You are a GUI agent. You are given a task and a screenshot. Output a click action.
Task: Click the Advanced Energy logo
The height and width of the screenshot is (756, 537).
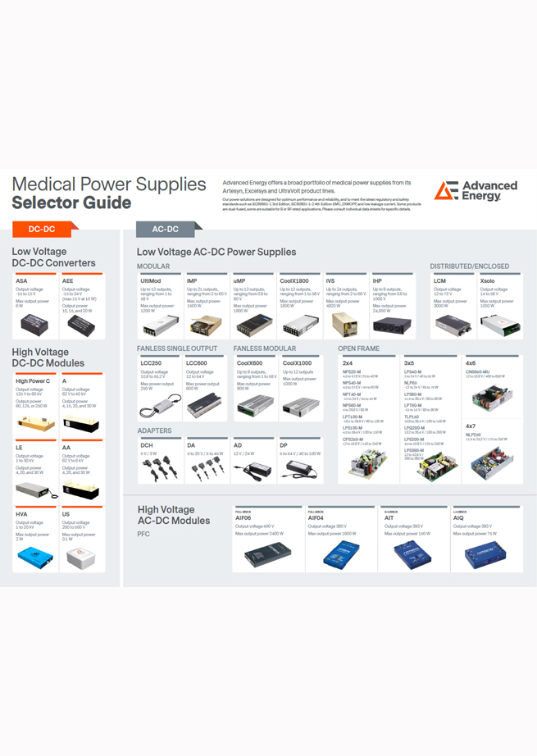pyautogui.click(x=476, y=191)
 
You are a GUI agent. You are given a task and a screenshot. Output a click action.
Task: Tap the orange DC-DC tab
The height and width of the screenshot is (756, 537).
pyautogui.click(x=43, y=230)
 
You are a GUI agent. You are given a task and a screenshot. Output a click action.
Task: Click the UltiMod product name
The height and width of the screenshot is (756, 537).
pyautogui.click(x=150, y=281)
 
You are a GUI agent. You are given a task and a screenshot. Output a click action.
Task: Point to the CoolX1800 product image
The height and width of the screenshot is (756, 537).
pyautogui.click(x=299, y=326)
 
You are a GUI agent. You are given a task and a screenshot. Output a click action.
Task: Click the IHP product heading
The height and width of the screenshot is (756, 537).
pyautogui.click(x=377, y=281)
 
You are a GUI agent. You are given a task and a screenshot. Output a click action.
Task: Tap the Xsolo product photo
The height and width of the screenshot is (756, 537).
pyautogui.click(x=500, y=326)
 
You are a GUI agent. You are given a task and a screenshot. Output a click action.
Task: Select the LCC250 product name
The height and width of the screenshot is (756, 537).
pyautogui.click(x=151, y=362)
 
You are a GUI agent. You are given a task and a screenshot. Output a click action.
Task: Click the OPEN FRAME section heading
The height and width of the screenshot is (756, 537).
pyautogui.click(x=358, y=348)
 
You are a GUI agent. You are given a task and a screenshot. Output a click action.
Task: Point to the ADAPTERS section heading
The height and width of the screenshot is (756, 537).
pyautogui.click(x=154, y=430)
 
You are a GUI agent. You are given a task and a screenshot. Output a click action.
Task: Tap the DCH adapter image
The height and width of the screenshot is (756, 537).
pyautogui.click(x=158, y=470)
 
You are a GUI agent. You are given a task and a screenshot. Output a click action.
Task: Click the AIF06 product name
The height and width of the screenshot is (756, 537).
pyautogui.click(x=243, y=518)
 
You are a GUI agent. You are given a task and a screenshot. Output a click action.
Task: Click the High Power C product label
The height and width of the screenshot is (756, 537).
pyautogui.click(x=33, y=381)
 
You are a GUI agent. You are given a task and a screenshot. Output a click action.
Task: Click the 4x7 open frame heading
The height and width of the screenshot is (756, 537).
pyautogui.click(x=471, y=426)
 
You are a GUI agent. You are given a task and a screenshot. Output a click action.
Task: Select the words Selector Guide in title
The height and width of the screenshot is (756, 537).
pyautogui.click(x=71, y=203)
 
